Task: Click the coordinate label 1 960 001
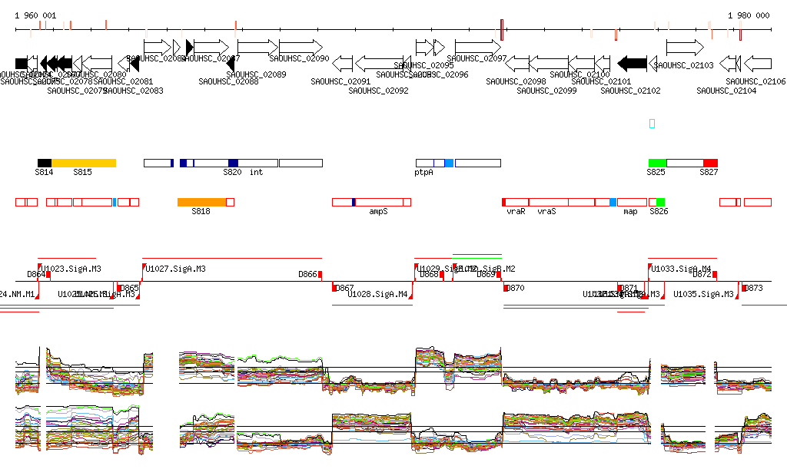coord(35,15)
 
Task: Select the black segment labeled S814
coord(45,163)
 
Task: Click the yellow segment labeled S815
coord(83,163)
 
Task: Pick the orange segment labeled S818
coord(202,202)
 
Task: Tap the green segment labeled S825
coord(657,163)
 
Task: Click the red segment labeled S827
coord(710,163)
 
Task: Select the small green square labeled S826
coord(660,202)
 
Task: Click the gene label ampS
coord(378,211)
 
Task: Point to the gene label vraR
coord(516,211)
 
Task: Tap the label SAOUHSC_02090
coord(299,58)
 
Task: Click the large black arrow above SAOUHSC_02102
coord(633,63)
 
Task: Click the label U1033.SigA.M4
coord(681,269)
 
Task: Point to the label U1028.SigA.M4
coord(377,294)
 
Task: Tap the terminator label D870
coord(515,288)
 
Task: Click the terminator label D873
coord(754,288)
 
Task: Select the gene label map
coord(630,211)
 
